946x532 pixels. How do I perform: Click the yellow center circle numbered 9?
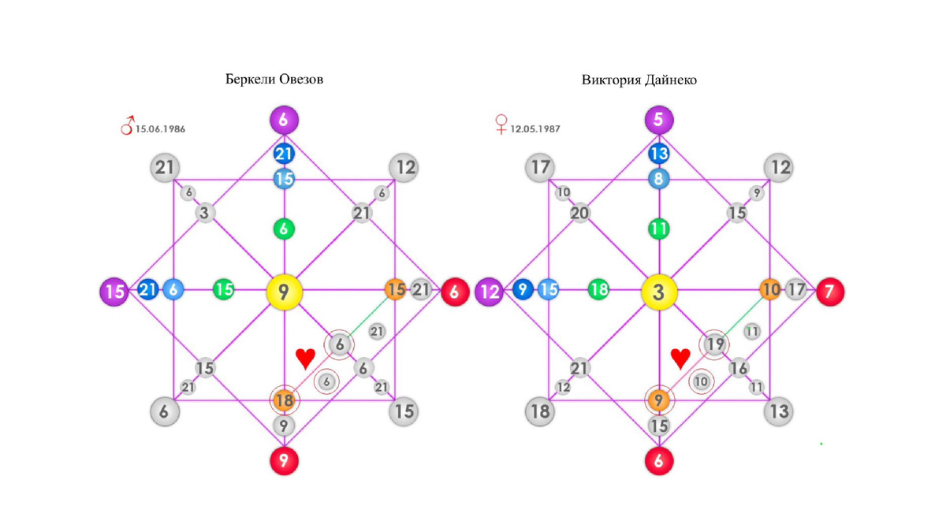coord(284,292)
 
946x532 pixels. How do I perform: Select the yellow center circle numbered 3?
coord(659,292)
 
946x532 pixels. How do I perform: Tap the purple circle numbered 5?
coord(659,121)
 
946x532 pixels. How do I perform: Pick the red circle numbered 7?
coord(829,292)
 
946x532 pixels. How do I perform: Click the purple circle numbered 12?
coord(490,292)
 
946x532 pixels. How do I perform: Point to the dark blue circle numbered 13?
coord(659,154)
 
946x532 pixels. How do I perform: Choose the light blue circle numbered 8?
coord(659,179)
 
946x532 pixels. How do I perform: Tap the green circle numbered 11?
coord(659,229)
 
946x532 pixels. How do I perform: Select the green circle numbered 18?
coord(599,290)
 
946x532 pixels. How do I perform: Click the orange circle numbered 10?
coord(770,290)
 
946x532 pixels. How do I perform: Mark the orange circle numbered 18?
coord(284,400)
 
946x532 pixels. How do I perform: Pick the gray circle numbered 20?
coord(579,213)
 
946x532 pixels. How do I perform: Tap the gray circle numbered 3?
coord(205,213)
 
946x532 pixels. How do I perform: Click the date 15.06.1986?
coord(160,128)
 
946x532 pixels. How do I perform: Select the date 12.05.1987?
coord(535,128)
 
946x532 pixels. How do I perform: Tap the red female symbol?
coord(501,124)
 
